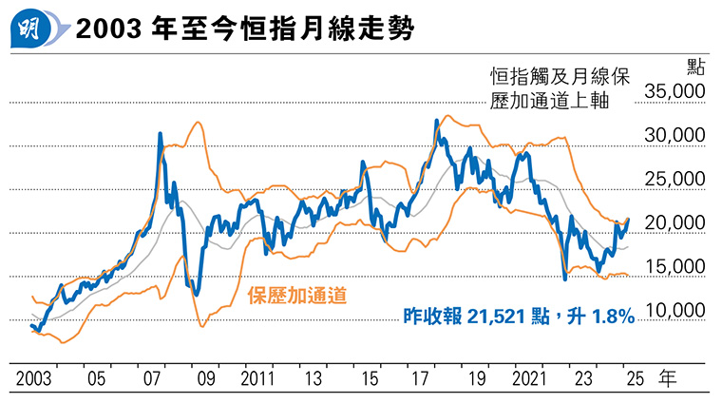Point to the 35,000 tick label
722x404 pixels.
675,91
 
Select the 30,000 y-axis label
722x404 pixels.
675,136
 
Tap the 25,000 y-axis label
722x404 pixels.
675,180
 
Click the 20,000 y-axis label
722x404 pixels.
675,223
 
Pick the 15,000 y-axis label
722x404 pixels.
675,267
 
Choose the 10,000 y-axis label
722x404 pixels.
675,311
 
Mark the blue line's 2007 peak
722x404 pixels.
160,135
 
